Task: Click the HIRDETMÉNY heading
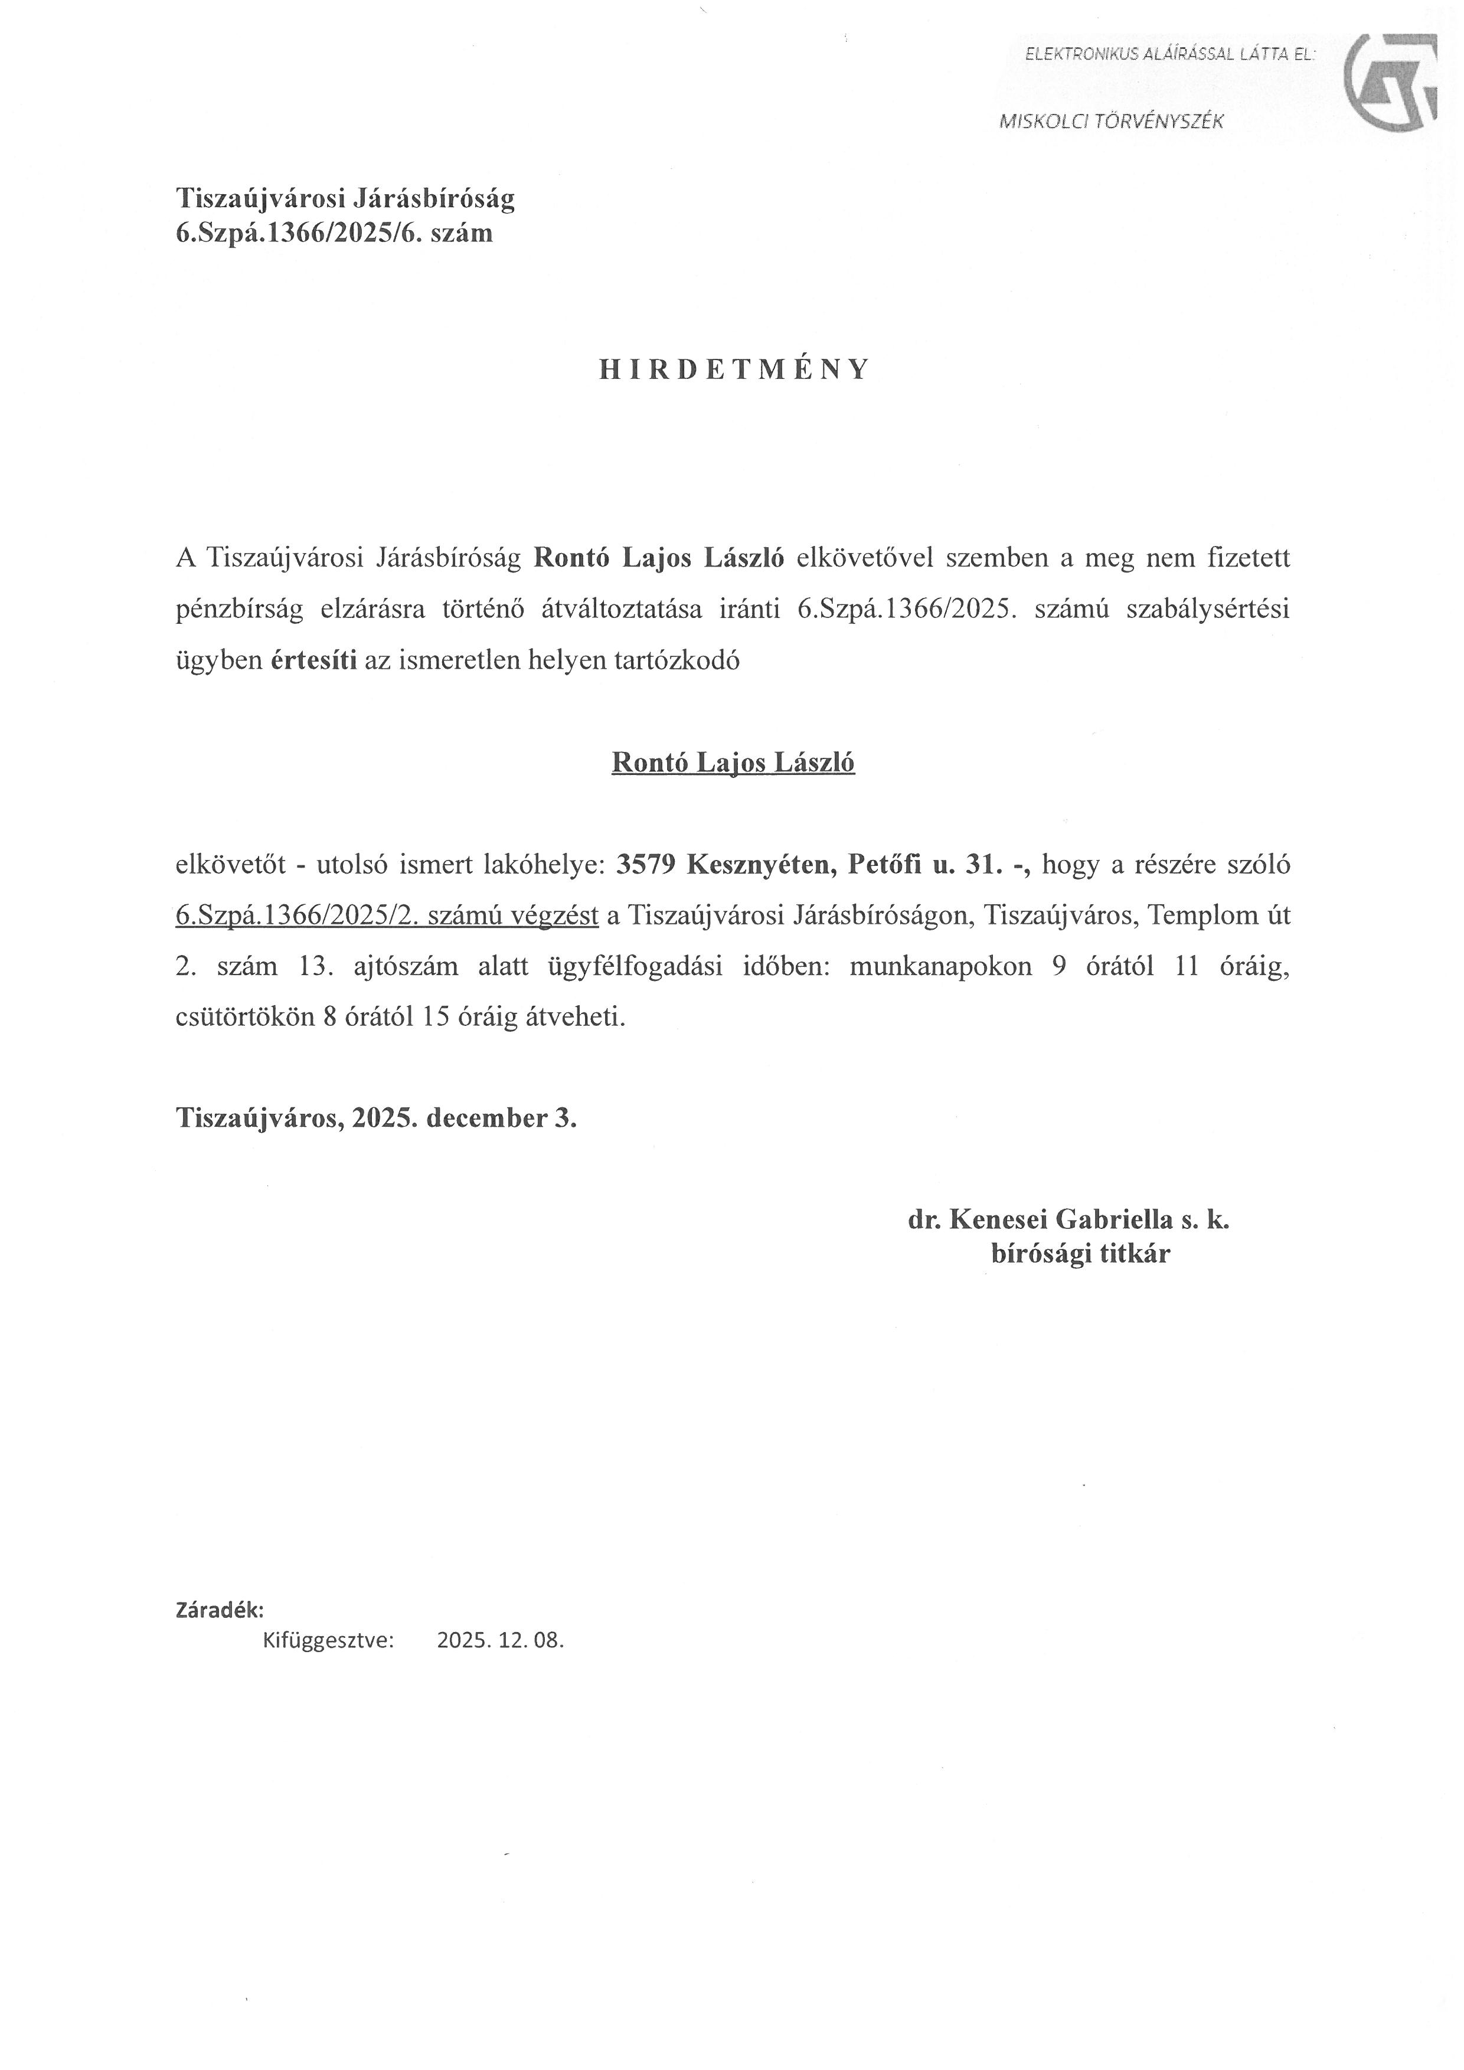pyautogui.click(x=734, y=369)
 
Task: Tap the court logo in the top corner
pyautogui.click(x=1389, y=83)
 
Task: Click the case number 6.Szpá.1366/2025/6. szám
pyautogui.click(x=335, y=234)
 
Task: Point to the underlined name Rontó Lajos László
pyautogui.click(x=733, y=763)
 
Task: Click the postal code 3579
pyautogui.click(x=645, y=865)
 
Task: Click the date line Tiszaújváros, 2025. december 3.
pyautogui.click(x=376, y=1118)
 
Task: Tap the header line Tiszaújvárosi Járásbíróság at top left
pyautogui.click(x=345, y=198)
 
